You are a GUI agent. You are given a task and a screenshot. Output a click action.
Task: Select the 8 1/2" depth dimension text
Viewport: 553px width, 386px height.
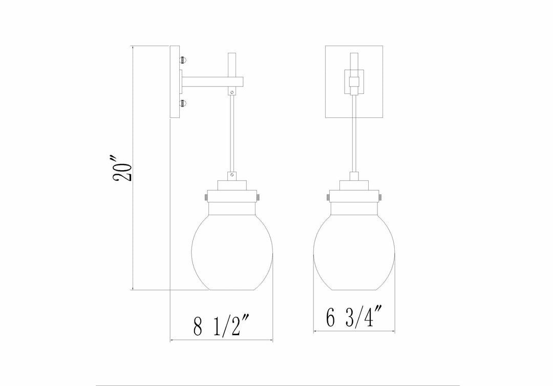221,326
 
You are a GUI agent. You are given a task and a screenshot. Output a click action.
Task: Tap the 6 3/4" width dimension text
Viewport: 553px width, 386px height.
354,317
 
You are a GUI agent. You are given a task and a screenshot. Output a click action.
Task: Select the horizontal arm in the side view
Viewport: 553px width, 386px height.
207,82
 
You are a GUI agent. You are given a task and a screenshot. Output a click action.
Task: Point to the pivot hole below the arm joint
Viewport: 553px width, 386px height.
232,93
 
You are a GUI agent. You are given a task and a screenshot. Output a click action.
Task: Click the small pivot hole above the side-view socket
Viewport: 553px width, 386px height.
232,175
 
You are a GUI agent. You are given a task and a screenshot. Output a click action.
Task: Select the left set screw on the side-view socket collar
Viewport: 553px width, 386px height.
205,197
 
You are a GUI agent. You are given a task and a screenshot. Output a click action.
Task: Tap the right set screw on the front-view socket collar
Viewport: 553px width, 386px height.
380,197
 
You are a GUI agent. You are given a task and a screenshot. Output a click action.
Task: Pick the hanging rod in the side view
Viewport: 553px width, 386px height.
232,133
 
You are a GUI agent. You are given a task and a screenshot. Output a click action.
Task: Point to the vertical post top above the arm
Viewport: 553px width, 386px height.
232,62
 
